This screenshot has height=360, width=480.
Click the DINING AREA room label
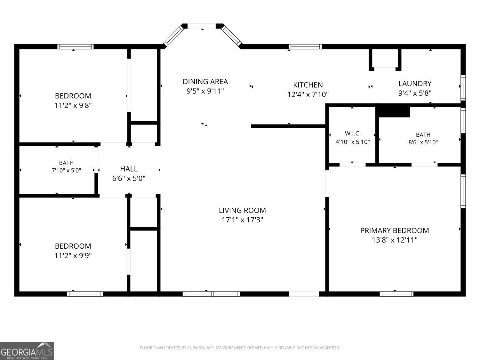(205, 82)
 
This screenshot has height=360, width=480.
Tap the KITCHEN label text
(308, 85)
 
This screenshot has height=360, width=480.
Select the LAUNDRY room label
(415, 84)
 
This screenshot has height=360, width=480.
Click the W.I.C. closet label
(353, 133)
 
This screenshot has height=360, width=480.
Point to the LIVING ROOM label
(242, 210)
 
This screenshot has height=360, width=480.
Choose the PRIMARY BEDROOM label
(395, 230)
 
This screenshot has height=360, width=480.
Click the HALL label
(129, 169)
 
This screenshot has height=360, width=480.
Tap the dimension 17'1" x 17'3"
(242, 220)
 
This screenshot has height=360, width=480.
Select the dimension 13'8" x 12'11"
(395, 240)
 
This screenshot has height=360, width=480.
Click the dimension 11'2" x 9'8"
(73, 105)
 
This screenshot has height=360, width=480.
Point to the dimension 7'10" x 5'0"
(66, 170)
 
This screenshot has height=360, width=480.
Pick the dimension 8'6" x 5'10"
(423, 142)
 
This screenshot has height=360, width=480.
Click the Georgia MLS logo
(27, 351)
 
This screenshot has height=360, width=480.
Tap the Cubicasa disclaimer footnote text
(240, 348)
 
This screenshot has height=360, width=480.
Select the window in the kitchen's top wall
(305, 47)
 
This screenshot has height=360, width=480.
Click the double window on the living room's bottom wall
(211, 294)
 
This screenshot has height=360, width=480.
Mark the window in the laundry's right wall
(463, 88)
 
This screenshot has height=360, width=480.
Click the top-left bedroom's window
(76, 47)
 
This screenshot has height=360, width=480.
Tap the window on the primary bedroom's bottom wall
(396, 294)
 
